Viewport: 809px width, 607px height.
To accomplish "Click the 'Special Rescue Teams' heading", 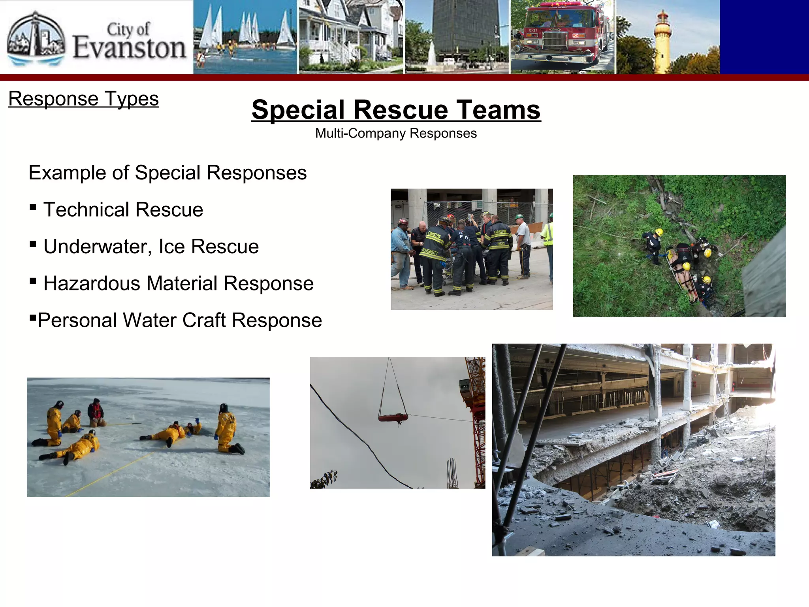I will click(396, 109).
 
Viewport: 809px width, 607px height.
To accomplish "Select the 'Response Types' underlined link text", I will click(83, 98).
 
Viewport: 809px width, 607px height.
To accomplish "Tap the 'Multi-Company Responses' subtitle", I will click(396, 133).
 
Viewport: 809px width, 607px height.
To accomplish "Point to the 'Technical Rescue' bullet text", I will click(123, 209).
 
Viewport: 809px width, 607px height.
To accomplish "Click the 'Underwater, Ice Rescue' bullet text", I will click(151, 247).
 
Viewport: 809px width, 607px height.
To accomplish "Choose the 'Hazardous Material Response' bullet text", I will click(179, 283).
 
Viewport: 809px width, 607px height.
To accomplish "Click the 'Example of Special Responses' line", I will click(167, 173).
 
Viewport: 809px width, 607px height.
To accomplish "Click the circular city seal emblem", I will click(36, 39).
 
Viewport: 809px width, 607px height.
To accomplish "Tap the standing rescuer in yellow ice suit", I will click(227, 429).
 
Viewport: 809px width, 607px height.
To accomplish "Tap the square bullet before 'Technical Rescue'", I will click(33, 207).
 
